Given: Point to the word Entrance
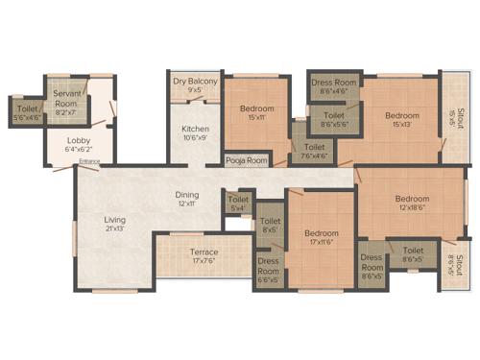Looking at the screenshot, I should click(x=90, y=161).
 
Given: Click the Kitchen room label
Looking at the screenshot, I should click(x=196, y=133).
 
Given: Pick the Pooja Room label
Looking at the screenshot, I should click(x=247, y=160).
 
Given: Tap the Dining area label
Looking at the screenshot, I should click(x=186, y=198).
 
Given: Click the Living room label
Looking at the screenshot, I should click(x=115, y=225).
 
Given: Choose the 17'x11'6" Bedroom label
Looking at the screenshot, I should click(x=321, y=238).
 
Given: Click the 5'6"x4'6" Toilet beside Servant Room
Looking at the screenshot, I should click(x=27, y=113).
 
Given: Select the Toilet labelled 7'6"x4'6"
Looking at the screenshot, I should click(x=312, y=150).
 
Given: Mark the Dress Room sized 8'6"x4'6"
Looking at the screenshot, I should click(x=334, y=87).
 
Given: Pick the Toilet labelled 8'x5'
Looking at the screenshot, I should click(x=270, y=225).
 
